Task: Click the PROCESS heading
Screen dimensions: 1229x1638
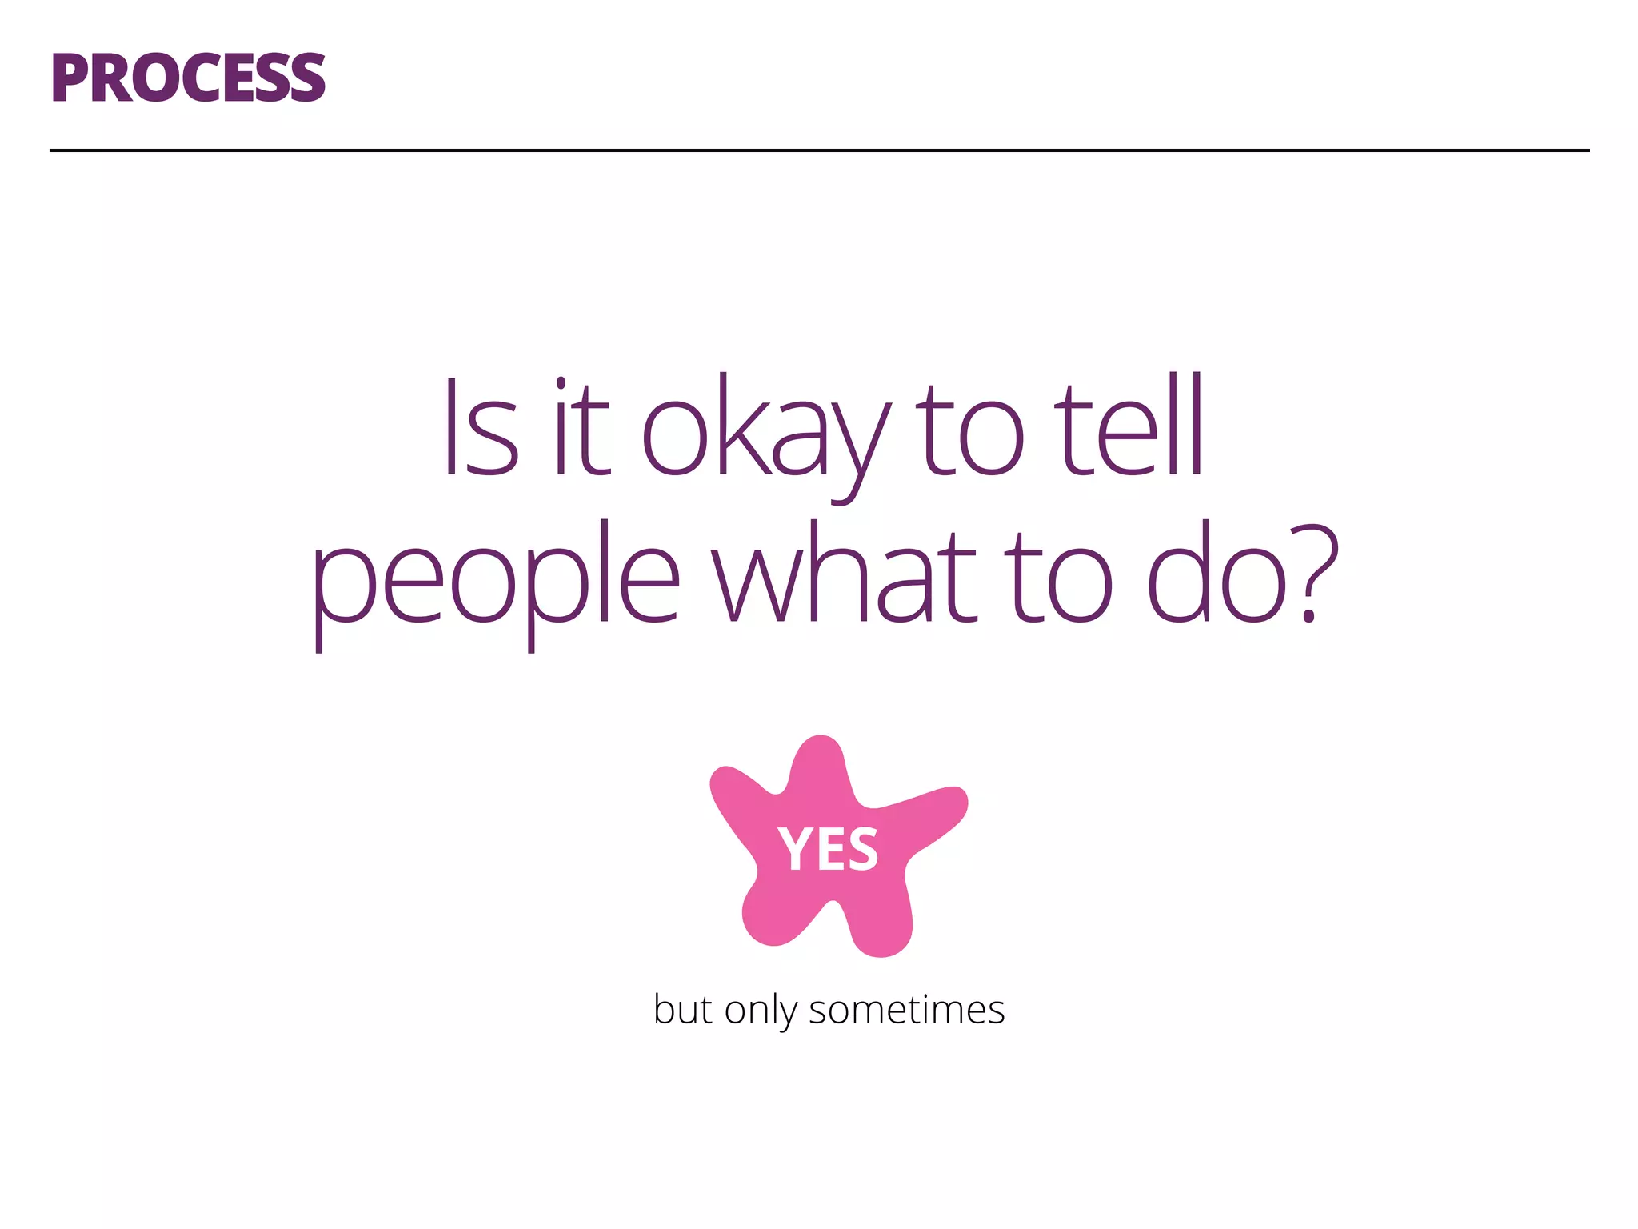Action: pyautogui.click(x=188, y=78)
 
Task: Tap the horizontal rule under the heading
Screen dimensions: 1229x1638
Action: pyautogui.click(x=819, y=150)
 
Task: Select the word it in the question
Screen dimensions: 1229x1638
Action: pyautogui.click(x=581, y=428)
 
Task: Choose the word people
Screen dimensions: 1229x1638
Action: pyautogui.click(x=496, y=580)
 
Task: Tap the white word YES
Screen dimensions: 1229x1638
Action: pyautogui.click(x=829, y=849)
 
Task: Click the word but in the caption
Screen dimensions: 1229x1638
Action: pyautogui.click(x=682, y=1009)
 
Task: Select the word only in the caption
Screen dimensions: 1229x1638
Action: pyautogui.click(x=761, y=1011)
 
